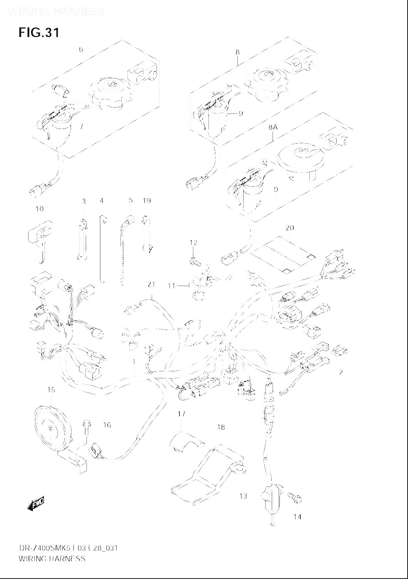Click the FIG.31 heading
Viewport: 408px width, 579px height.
(x=39, y=32)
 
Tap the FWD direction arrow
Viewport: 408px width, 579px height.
(x=36, y=503)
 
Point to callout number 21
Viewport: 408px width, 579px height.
(x=151, y=284)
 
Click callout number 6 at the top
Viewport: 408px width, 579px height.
(x=81, y=49)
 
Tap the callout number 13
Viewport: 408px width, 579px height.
(x=243, y=496)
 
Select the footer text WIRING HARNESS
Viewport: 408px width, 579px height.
(x=52, y=559)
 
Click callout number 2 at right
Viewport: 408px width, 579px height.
(x=340, y=372)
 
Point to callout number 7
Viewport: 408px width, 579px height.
(x=81, y=126)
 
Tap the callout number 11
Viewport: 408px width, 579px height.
(x=171, y=286)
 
